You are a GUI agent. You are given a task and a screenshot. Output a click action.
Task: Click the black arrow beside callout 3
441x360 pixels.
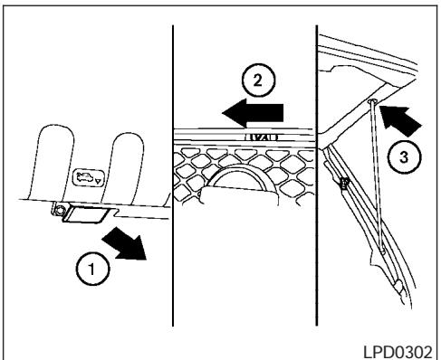(x=400, y=118)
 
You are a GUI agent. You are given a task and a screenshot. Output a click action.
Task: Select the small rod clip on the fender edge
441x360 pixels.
(x=345, y=185)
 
